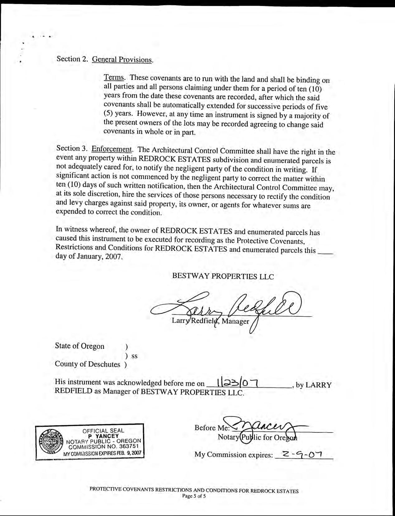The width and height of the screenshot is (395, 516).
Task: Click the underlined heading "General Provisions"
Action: coord(122,59)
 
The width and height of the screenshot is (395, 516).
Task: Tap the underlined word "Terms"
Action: coord(114,77)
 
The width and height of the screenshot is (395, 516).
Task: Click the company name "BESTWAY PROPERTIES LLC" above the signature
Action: coord(223,276)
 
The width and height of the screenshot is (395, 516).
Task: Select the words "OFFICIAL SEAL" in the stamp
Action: coord(103,431)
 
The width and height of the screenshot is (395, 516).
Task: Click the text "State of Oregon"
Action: coord(80,346)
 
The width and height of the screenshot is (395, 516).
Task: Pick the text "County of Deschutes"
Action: coord(88,364)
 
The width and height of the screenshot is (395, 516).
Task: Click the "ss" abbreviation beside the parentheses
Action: coord(135,356)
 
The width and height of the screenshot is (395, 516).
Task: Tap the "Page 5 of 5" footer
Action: coord(194,496)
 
